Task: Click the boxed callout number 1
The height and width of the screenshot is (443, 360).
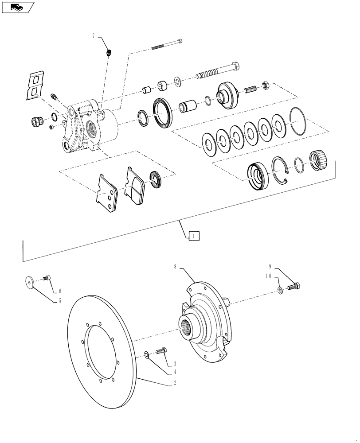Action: pyautogui.click(x=194, y=236)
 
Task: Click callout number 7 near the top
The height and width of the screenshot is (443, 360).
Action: pyautogui.click(x=94, y=36)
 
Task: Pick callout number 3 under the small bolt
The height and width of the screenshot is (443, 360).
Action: pyautogui.click(x=175, y=363)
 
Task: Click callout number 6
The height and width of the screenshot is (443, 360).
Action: pyautogui.click(x=61, y=291)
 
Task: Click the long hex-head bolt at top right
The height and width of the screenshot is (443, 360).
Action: pyautogui.click(x=219, y=71)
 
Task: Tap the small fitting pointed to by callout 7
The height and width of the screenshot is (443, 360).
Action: pyautogui.click(x=109, y=54)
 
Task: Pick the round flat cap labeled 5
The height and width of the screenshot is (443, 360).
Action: pyautogui.click(x=31, y=281)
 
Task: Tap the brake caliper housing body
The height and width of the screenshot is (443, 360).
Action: pyautogui.click(x=89, y=128)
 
